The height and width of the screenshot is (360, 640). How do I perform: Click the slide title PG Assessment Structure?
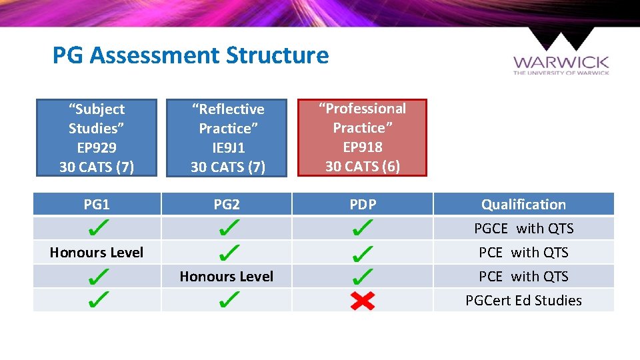(190, 55)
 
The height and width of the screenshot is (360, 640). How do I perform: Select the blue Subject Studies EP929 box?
(97, 138)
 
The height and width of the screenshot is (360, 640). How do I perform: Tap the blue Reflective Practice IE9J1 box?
(227, 138)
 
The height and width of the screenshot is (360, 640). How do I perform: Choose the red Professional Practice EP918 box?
(362, 137)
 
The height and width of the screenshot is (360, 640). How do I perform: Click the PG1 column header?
(97, 205)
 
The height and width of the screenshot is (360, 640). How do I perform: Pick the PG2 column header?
(227, 205)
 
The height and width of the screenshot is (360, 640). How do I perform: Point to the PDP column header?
(363, 205)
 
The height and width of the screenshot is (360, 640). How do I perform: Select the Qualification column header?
(523, 205)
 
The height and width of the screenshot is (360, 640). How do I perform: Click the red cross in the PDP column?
(363, 301)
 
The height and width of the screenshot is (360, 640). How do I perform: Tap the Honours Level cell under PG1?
(97, 253)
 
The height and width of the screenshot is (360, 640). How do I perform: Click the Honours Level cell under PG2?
(227, 277)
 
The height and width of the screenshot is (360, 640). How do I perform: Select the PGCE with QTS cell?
(523, 229)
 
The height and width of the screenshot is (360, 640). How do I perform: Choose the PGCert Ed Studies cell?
(523, 301)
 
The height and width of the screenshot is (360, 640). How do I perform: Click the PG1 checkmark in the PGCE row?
(97, 229)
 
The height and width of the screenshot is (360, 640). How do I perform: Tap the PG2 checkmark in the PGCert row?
(227, 301)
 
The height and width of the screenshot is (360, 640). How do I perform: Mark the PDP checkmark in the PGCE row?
(362, 229)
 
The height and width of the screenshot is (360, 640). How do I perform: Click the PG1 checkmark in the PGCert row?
(97, 301)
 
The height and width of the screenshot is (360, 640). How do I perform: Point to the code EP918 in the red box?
(362, 147)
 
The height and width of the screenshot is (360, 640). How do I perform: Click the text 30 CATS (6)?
(362, 166)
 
